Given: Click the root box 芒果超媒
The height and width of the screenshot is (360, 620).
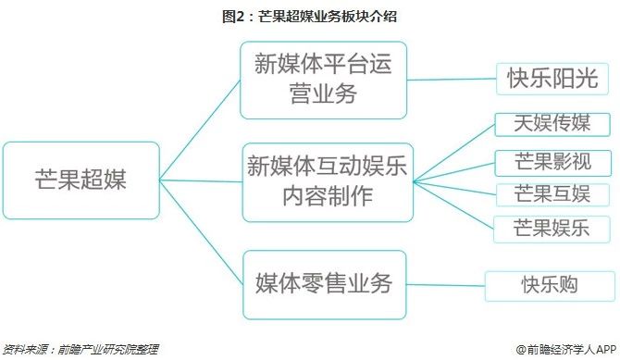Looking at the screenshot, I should click(81, 180).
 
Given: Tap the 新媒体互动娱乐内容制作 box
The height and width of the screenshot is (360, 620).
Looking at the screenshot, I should click(327, 181).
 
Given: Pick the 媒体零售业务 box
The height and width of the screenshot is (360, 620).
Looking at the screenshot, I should click(323, 284).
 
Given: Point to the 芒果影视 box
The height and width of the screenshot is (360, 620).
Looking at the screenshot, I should click(540, 164).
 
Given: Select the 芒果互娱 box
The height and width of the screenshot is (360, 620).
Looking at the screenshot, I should click(540, 194).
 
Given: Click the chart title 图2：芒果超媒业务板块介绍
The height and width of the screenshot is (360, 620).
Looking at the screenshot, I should click(310, 16).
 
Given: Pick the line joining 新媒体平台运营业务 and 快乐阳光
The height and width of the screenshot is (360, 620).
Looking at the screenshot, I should click(452, 80).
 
